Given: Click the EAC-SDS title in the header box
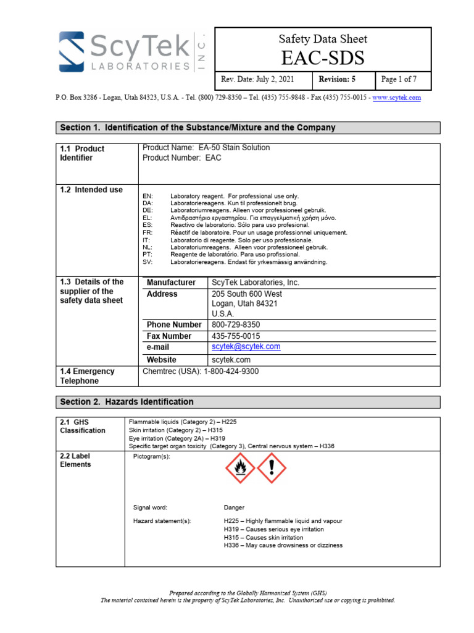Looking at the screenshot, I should pyautogui.click(x=323, y=58).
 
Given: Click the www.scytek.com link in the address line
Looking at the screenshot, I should pyautogui.click(x=396, y=98).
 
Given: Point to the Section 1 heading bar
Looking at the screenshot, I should pyautogui.click(x=248, y=128).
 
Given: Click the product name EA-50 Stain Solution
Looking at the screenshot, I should pyautogui.click(x=206, y=148).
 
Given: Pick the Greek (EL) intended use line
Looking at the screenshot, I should pyautogui.click(x=253, y=218).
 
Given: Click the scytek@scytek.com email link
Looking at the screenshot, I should pyautogui.click(x=246, y=347).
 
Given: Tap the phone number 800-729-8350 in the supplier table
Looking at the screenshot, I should pyautogui.click(x=236, y=325).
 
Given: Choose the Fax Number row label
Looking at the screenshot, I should pyautogui.click(x=169, y=336).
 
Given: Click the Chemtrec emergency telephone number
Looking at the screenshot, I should pyautogui.click(x=201, y=372).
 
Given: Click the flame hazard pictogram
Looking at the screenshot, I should pyautogui.click(x=239, y=468).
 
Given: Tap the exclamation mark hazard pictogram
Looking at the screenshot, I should pyautogui.click(x=272, y=468).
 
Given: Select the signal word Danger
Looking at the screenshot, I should pyautogui.click(x=234, y=508).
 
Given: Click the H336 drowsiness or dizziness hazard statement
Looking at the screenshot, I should pyautogui.click(x=283, y=545).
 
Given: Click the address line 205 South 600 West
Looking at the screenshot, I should pyautogui.click(x=247, y=294).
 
